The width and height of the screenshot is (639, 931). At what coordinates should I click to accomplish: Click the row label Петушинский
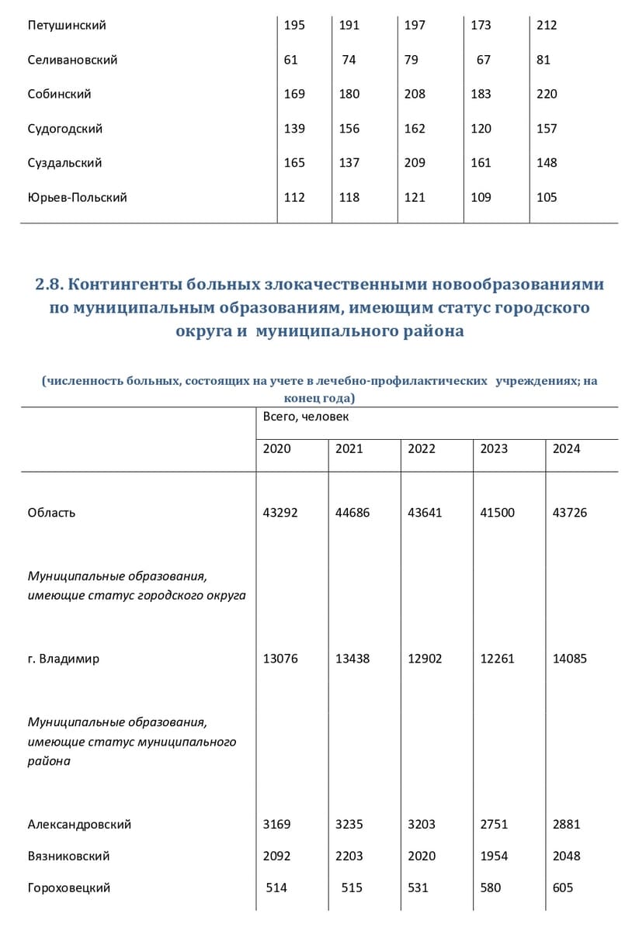click(67, 26)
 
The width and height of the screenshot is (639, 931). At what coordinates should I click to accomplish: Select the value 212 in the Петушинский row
click(547, 26)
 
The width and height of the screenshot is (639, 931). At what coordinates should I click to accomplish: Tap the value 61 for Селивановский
click(291, 60)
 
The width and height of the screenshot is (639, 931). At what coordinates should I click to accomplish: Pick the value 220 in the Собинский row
click(547, 94)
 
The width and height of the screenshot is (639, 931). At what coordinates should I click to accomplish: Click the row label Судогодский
click(65, 129)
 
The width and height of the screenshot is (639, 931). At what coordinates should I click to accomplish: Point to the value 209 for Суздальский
click(415, 163)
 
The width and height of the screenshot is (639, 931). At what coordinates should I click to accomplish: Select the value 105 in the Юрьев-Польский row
click(547, 197)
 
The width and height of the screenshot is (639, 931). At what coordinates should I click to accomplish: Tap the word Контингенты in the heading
click(132, 285)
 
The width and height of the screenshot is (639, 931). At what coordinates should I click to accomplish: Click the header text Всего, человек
click(306, 417)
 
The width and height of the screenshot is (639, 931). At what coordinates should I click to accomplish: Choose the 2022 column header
click(422, 448)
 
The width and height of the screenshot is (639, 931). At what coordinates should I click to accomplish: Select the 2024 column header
click(566, 448)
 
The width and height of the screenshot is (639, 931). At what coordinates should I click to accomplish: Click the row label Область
click(51, 513)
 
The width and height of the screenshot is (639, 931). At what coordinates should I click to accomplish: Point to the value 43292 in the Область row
click(280, 513)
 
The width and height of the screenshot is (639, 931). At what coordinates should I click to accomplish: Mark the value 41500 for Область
click(497, 513)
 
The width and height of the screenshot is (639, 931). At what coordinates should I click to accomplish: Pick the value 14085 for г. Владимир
click(569, 659)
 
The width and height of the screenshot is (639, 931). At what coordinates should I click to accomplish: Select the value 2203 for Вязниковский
click(349, 856)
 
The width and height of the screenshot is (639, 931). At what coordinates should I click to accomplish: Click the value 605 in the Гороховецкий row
click(563, 888)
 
